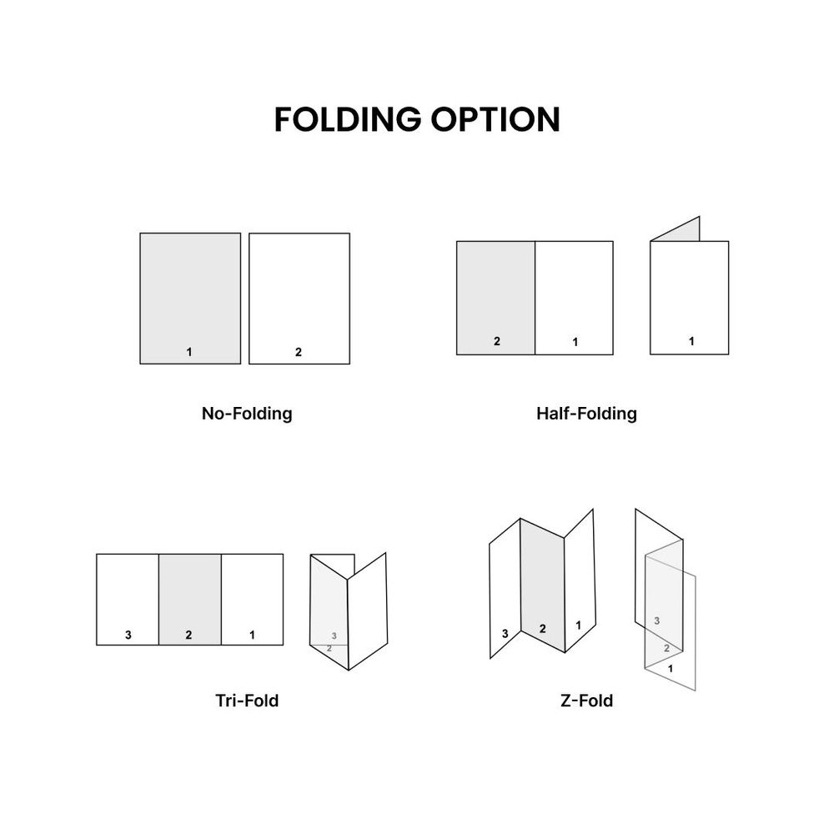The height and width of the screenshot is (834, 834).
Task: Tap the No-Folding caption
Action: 247,413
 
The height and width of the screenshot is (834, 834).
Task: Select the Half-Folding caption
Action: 586,413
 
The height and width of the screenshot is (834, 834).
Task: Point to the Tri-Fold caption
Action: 247,701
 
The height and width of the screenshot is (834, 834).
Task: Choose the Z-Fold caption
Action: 587,701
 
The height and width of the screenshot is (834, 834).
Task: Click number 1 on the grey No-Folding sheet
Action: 189,352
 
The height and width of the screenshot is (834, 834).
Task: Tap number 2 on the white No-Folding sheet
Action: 299,352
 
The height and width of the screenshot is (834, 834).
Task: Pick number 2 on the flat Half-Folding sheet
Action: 496,341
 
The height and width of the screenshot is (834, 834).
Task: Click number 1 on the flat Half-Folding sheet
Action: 575,341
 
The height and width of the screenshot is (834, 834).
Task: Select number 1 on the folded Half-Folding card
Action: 691,341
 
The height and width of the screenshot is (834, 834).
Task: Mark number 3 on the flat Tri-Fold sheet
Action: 128,636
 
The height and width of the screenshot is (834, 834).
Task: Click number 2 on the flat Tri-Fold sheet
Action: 188,636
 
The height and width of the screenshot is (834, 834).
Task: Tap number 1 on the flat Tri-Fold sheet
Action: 253,636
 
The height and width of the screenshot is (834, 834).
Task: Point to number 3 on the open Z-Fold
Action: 505,634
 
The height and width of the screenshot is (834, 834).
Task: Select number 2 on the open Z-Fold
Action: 542,629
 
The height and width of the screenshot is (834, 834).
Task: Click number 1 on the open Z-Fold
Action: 578,625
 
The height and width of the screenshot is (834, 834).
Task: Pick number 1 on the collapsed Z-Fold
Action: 671,668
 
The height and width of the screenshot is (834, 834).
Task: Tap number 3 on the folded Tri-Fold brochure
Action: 334,636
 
